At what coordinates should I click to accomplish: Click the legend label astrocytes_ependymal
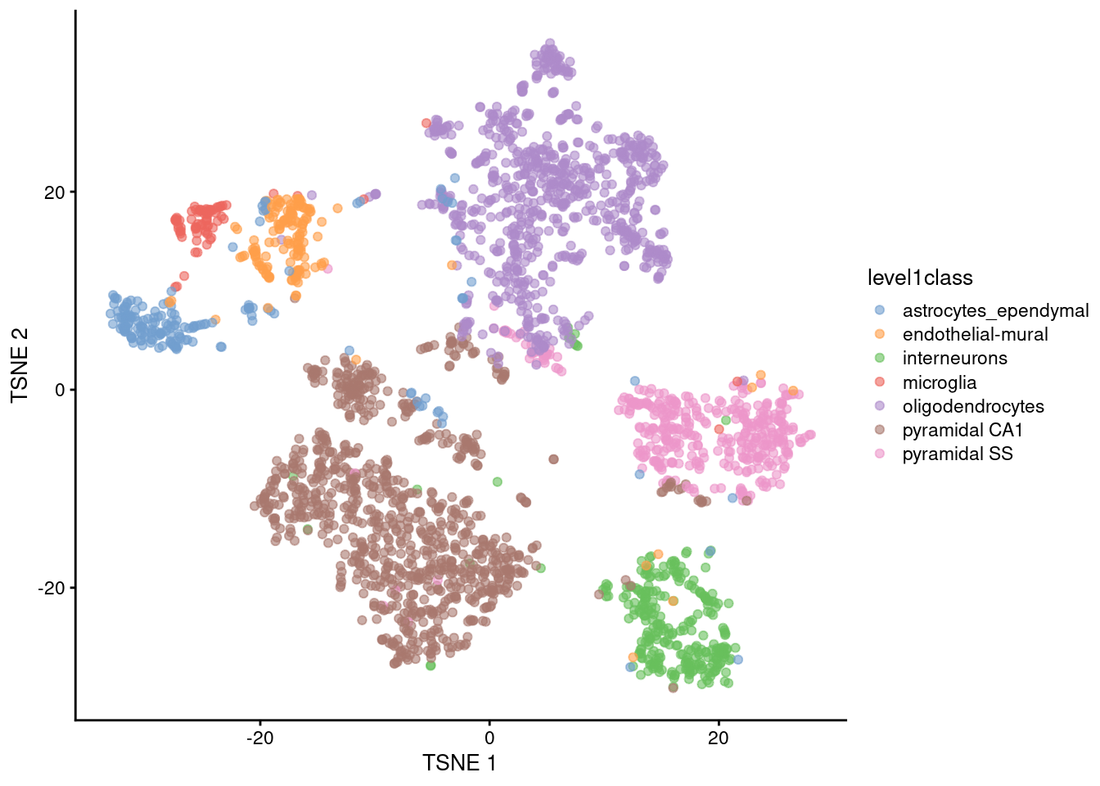tap(995, 311)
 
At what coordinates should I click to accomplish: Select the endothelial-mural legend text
tap(975, 335)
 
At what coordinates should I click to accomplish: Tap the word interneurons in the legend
tap(954, 359)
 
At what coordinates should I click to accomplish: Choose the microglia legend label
tap(939, 382)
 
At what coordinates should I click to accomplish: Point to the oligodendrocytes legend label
tap(973, 406)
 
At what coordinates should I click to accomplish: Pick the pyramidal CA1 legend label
tap(962, 430)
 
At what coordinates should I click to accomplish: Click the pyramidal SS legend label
tap(958, 454)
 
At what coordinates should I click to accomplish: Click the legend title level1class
tap(920, 278)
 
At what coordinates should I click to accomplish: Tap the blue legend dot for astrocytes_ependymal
tap(880, 310)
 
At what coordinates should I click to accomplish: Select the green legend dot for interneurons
tap(880, 358)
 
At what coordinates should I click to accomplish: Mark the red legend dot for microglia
tap(880, 382)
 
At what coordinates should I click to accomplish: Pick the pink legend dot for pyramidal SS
tap(880, 454)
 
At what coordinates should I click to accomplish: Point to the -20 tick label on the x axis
tap(260, 738)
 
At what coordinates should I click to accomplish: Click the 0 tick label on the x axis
tap(489, 738)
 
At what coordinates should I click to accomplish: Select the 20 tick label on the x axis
tap(718, 738)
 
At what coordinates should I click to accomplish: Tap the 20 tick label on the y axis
tap(54, 192)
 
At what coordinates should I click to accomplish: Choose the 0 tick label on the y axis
tap(59, 391)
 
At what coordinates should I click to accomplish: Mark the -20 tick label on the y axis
tap(51, 589)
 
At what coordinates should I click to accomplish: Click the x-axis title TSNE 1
tap(459, 763)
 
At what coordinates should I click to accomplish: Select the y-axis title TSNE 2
tap(20, 365)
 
